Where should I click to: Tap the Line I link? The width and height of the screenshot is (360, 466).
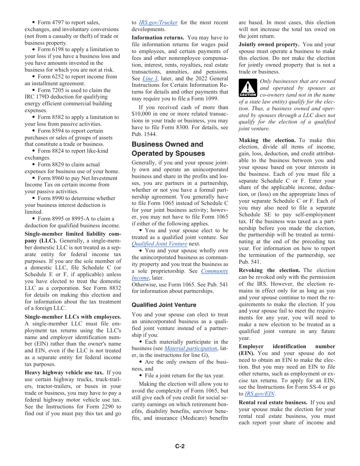tap(148, 78)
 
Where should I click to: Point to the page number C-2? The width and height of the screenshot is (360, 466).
tap(180, 446)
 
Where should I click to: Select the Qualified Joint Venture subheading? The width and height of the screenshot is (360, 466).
tap(164, 305)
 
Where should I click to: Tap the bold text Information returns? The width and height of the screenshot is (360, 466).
tap(158, 38)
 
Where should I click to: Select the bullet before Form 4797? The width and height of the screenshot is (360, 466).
tap(34, 23)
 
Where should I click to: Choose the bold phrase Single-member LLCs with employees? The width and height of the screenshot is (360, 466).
tap(73, 317)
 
